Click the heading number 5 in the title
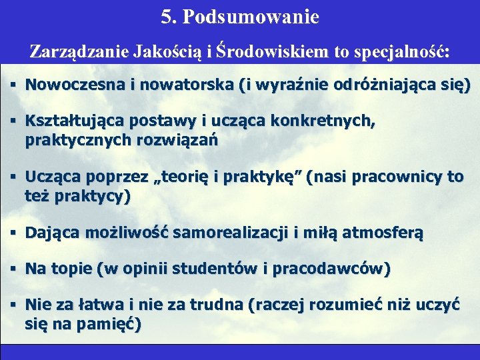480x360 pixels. point(166,17)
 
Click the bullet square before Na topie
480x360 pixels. point(13,269)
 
